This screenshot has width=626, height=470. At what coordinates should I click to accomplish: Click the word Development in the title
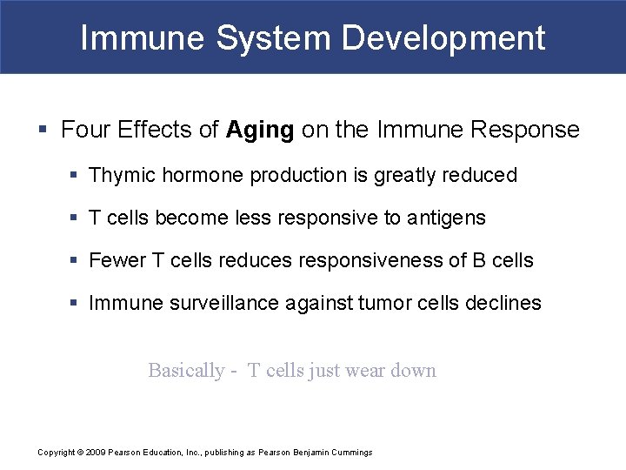pyautogui.click(x=443, y=38)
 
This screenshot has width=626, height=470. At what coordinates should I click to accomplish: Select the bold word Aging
pyautogui.click(x=260, y=131)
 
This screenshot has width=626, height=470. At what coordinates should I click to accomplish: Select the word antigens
pyautogui.click(x=446, y=218)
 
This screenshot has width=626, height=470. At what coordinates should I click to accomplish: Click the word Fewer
pyautogui.click(x=117, y=260)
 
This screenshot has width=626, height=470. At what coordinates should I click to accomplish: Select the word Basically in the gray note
pyautogui.click(x=186, y=371)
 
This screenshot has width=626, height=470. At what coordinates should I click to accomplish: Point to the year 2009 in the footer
pyautogui.click(x=96, y=452)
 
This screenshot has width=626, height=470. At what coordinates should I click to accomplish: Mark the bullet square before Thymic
pyautogui.click(x=76, y=175)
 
